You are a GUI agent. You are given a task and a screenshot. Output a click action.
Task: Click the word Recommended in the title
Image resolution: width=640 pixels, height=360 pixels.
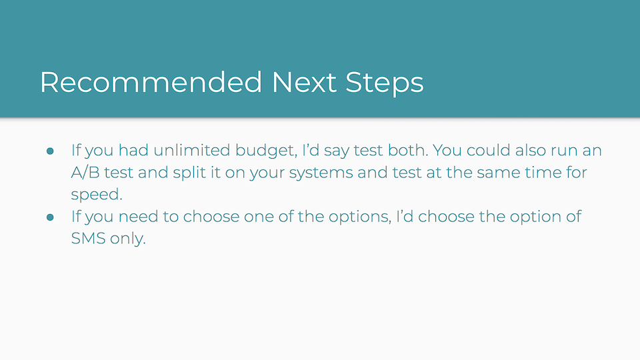click(151, 82)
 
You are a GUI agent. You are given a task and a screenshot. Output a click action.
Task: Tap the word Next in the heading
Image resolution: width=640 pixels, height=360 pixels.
click(304, 82)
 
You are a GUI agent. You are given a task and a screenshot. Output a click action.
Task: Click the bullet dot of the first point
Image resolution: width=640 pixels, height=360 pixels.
click(50, 151)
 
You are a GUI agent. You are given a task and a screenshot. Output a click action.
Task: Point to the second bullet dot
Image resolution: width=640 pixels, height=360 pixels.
click(50, 217)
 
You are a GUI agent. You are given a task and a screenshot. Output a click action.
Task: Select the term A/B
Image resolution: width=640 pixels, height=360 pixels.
click(85, 173)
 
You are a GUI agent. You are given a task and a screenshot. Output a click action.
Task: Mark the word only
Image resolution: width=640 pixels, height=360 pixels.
click(128, 239)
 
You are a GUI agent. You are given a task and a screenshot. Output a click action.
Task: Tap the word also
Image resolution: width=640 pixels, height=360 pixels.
click(531, 150)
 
